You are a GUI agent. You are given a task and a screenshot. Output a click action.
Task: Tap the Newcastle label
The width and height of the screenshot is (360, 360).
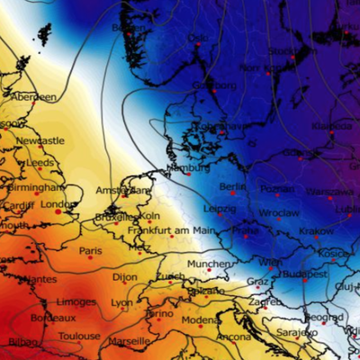point(41,141)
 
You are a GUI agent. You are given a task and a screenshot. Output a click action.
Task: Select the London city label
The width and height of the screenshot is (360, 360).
point(56,204)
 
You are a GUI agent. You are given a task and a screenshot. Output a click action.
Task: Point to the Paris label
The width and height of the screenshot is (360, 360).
point(91,251)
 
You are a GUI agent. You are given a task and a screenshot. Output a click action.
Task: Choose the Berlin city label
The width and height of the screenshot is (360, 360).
point(232,186)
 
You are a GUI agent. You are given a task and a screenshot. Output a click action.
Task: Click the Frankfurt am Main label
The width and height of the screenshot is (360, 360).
point(171,230)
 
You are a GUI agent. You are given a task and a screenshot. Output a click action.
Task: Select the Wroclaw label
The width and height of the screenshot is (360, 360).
point(277,213)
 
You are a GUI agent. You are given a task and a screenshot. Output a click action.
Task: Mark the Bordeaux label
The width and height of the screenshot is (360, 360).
point(51,318)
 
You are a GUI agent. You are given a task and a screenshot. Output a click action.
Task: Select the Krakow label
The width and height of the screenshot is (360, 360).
point(316,231)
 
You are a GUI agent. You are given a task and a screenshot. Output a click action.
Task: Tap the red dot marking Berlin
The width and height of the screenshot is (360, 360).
point(233,193)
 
